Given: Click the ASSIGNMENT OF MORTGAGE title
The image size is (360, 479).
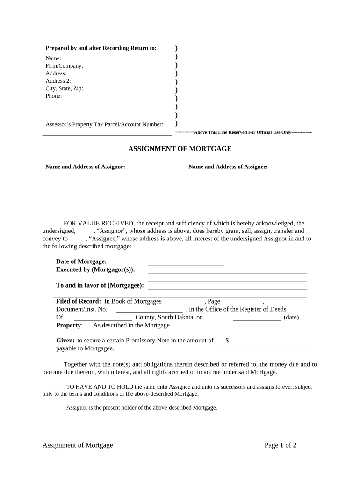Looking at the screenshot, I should tap(180, 149).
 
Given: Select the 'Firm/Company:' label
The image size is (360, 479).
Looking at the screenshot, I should tap(64, 66).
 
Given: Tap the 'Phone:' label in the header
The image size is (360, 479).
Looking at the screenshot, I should tap(53, 96).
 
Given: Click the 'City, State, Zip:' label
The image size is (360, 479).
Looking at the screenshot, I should tap(64, 88).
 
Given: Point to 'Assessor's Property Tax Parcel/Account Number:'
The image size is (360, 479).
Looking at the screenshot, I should tap(104, 124).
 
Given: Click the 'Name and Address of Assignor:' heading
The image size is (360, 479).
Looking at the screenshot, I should tap(85, 167).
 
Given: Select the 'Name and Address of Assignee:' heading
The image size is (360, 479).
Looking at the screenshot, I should tap(228, 167).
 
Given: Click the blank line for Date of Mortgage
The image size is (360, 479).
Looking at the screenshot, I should tap(186, 262).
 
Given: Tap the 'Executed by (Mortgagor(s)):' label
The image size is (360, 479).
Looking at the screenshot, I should tap(95, 270).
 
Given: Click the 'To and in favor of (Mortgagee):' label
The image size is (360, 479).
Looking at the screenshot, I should tap(100, 285).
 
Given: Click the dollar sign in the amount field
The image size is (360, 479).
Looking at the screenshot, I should tap(227, 341).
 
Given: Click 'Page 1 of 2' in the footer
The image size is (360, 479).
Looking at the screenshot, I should tap(281, 445).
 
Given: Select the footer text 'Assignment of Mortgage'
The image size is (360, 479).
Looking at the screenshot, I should tap(78, 445).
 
